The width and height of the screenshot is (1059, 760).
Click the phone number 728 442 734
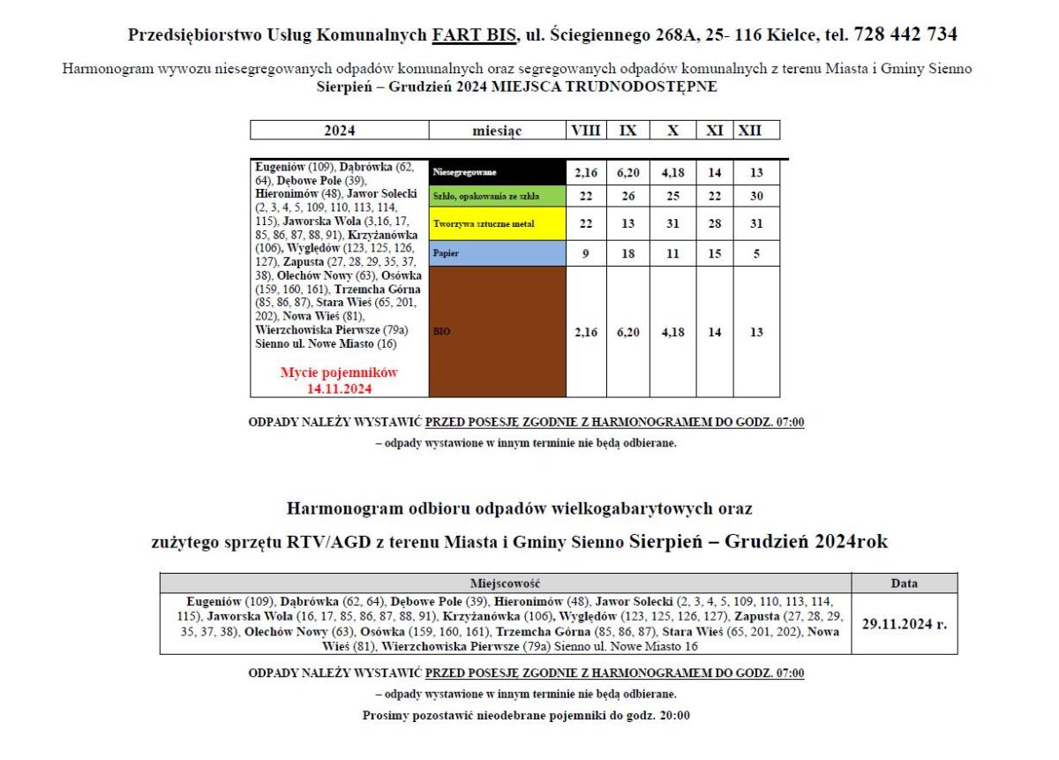tap(905, 34)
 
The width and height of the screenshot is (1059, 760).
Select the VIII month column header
tap(585, 131)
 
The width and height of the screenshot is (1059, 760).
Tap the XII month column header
tap(750, 131)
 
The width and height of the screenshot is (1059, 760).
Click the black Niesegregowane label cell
tap(497, 173)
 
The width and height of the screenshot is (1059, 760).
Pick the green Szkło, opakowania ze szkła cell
tap(497, 196)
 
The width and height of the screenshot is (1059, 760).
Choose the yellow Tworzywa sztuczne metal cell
tap(497, 224)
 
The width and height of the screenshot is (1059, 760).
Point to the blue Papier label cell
tap(497, 253)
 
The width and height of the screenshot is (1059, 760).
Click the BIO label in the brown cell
tap(441, 333)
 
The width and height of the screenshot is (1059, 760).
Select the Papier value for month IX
tap(627, 253)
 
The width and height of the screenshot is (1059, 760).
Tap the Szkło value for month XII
tap(756, 196)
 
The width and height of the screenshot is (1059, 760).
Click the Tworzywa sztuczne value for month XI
tap(715, 224)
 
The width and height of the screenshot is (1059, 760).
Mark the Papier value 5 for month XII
tap(756, 253)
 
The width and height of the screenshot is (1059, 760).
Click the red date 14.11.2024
tap(340, 388)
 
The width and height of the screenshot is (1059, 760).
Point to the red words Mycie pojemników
tap(340, 372)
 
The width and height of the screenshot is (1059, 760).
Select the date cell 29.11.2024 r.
tap(904, 623)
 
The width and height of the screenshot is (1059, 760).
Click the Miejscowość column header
tap(505, 583)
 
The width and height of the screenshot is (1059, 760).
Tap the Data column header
tap(904, 583)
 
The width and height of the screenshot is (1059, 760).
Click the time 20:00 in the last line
tap(674, 716)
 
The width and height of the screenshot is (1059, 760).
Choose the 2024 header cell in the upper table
tap(340, 131)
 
